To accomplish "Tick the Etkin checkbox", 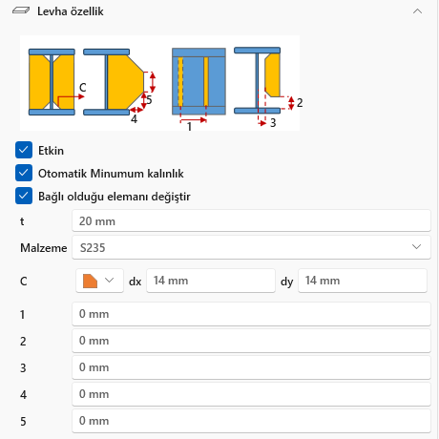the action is [x=24, y=150].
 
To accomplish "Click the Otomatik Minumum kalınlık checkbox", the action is [x=24, y=173].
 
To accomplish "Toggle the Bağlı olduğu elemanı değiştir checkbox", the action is [x=24, y=196].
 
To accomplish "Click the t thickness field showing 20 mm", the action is [x=251, y=220].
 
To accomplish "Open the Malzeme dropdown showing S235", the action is [x=251, y=247].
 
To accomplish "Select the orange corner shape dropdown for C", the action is [x=99, y=281].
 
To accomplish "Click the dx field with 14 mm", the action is [x=211, y=281].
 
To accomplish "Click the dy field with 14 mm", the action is [x=363, y=281].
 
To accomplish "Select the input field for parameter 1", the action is [x=251, y=314].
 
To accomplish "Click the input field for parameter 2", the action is [x=251, y=341].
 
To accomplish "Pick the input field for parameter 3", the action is [x=251, y=367].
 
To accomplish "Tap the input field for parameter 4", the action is [x=251, y=394].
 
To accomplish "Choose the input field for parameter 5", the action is [x=251, y=421].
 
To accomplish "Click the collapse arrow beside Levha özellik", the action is [x=417, y=11].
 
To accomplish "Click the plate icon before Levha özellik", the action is [x=21, y=10].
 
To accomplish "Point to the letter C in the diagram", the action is [x=83, y=88].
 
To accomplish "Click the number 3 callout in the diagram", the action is [x=273, y=123].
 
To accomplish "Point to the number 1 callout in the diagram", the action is [x=189, y=127].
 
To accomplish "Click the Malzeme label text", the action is [x=44, y=248].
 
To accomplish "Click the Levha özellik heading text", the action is [x=71, y=11].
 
